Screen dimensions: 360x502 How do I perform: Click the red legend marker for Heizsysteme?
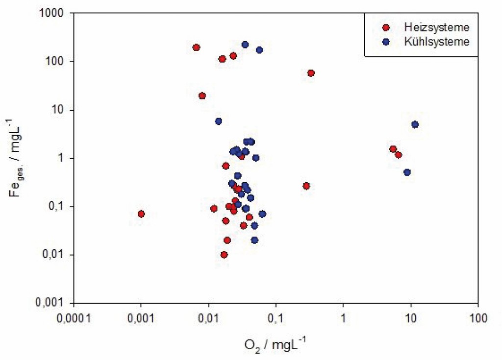386,27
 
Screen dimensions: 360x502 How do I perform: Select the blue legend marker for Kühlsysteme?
386,42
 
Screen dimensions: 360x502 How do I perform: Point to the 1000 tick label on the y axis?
55,14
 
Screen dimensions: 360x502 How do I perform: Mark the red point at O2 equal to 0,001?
141,214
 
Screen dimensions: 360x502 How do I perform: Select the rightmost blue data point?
415,124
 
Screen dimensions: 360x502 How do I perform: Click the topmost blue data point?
245,45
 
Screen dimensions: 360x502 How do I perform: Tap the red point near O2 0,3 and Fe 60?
310,73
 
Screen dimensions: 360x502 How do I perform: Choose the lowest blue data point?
254,240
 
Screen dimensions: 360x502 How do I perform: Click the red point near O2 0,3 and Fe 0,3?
306,186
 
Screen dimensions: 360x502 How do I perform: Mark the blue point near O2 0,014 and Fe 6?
218,121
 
